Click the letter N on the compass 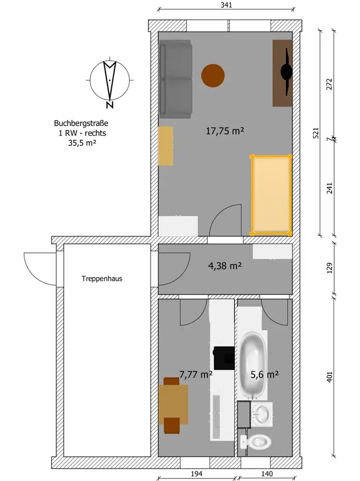(110, 105)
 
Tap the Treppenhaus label (102, 279)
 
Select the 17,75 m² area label (225, 131)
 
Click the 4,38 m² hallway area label (225, 266)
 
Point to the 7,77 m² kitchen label (196, 374)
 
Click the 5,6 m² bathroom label (264, 374)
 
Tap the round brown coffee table (213, 76)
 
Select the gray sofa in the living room (175, 79)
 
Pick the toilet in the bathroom (256, 442)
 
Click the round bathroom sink (262, 415)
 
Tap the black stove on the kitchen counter (224, 358)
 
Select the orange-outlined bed (271, 196)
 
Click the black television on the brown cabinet (287, 72)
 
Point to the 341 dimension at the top (226, 5)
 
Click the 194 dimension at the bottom (197, 474)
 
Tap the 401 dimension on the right (329, 377)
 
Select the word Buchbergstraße (81, 123)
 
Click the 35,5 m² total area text (82, 143)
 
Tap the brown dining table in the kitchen (173, 404)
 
